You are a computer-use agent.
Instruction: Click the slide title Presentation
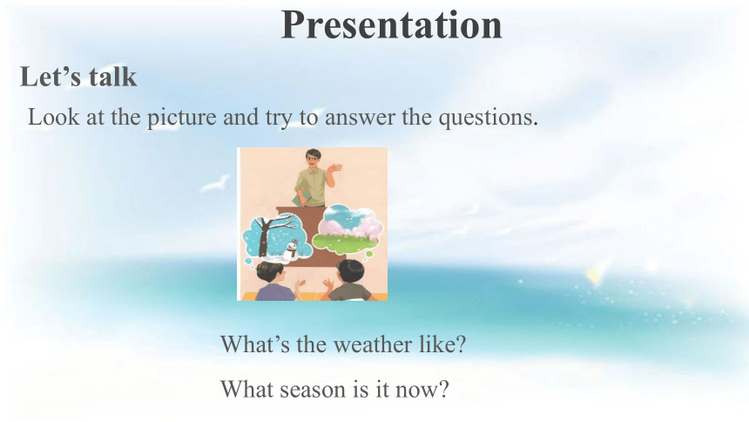pyautogui.click(x=391, y=25)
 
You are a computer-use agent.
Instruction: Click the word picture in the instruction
pyautogui.click(x=181, y=117)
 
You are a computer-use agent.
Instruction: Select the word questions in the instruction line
pyautogui.click(x=489, y=117)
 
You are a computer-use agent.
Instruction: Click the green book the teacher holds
pyautogui.click(x=301, y=199)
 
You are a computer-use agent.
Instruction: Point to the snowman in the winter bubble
pyautogui.click(x=291, y=251)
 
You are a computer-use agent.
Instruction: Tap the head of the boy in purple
pyautogui.click(x=270, y=274)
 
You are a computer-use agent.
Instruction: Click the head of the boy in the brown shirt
pyautogui.click(x=350, y=273)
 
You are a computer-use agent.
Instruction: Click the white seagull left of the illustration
pyautogui.click(x=215, y=184)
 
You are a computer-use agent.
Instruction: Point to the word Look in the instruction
pyautogui.click(x=53, y=117)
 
